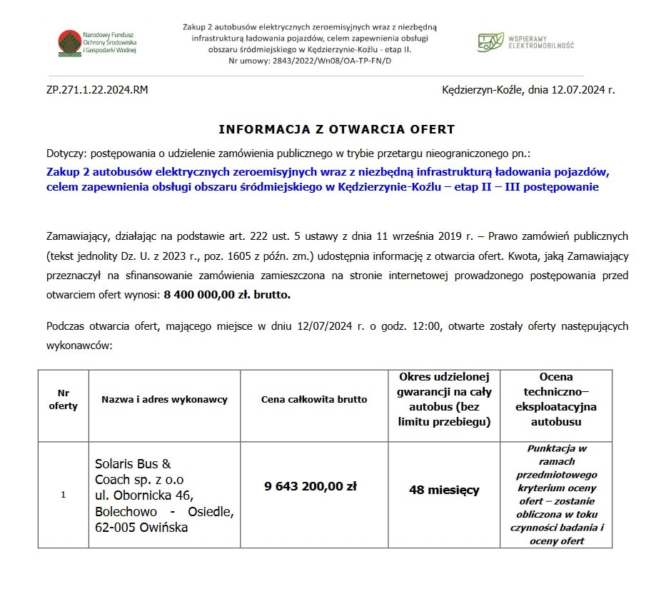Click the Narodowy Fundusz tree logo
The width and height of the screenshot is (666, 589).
pos(69,44)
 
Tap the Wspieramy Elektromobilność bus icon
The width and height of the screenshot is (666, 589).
pos(490,42)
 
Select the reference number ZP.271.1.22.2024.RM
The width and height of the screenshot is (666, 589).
pos(97,90)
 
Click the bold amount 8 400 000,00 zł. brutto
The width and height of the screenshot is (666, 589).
pos(227,294)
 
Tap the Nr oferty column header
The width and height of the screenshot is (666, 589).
pos(64,400)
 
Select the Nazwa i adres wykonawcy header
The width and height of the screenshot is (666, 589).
pos(164,400)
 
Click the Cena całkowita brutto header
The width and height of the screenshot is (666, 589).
pos(314,400)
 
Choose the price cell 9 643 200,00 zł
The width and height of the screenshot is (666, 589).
pos(311,486)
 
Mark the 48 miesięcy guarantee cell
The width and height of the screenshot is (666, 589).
pos(444,490)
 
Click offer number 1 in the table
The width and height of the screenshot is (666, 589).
pos(64,495)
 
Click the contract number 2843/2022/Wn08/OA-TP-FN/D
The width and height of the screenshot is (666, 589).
pos(332,61)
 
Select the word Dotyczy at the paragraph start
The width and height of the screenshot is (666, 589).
pos(65,153)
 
